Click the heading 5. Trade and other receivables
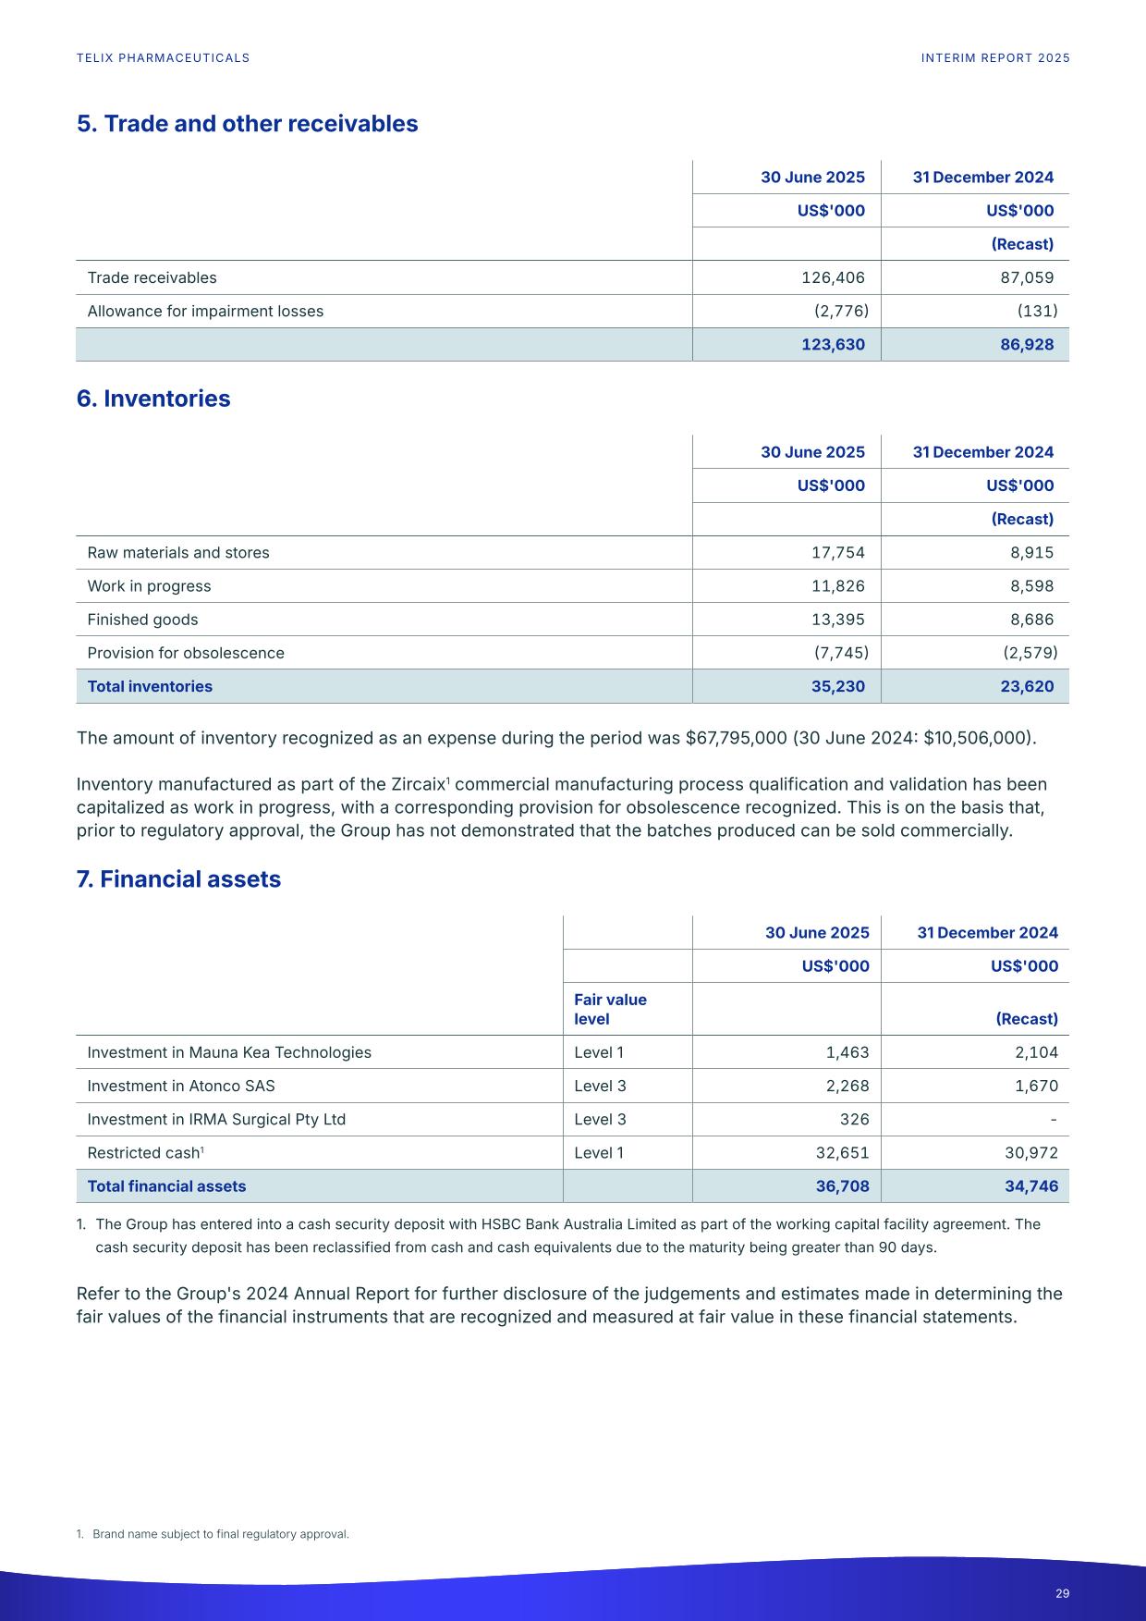[247, 124]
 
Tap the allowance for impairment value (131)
[1037, 311]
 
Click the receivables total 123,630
[833, 345]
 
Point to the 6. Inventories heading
[153, 399]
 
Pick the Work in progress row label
[149, 586]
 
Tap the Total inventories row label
[150, 686]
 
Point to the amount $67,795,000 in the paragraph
[735, 738]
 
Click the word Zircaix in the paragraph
[418, 785]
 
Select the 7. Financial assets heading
[178, 879]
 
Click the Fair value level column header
[610, 1009]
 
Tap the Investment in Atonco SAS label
[181, 1086]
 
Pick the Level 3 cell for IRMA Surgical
[600, 1119]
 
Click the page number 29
[1062, 1593]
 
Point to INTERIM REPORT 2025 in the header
[995, 58]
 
